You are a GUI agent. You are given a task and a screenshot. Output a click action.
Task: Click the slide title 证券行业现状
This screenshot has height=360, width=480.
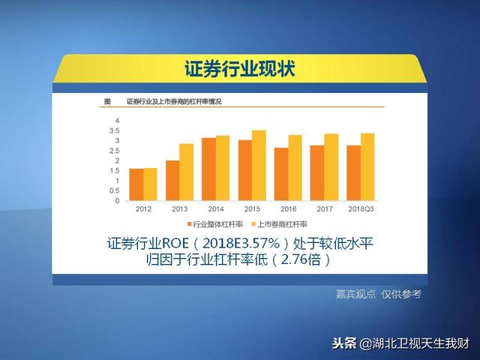click(x=240, y=68)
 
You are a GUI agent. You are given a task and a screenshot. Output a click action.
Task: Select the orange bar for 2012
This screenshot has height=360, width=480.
click(x=136, y=184)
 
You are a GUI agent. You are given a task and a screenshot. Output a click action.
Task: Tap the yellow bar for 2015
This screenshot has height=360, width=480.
click(x=259, y=166)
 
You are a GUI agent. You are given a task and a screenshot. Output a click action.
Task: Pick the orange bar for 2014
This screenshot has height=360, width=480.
click(x=208, y=169)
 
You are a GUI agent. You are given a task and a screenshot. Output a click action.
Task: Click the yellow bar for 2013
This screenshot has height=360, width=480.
click(x=187, y=172)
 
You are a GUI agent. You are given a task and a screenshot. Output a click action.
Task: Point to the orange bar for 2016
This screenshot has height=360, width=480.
click(x=281, y=174)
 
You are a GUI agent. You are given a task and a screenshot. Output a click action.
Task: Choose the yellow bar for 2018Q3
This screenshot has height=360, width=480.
click(x=367, y=166)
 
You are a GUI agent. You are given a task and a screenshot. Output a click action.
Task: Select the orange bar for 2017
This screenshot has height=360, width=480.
click(x=317, y=173)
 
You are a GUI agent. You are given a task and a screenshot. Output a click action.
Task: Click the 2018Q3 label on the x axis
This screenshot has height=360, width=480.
click(x=361, y=209)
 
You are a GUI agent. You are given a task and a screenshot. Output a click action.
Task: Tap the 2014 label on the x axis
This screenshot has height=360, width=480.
click(x=216, y=209)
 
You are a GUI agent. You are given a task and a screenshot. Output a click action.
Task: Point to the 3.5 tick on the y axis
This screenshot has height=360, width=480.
click(x=114, y=130)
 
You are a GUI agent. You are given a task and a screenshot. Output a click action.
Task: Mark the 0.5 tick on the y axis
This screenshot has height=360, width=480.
click(x=114, y=190)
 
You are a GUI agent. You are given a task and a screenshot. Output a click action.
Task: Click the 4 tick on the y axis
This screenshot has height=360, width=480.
click(x=117, y=121)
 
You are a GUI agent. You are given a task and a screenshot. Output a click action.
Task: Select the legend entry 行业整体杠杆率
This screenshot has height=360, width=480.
click(x=215, y=224)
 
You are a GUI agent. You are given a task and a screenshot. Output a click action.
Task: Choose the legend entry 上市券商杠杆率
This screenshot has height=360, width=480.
click(x=279, y=224)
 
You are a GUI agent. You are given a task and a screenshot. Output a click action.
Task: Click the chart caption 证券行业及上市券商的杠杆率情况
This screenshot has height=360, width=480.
click(x=174, y=101)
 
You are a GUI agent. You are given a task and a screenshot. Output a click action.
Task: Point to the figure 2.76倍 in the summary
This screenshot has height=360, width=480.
click(x=301, y=259)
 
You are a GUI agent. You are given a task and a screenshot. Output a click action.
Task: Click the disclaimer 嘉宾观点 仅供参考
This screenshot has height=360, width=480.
click(x=379, y=294)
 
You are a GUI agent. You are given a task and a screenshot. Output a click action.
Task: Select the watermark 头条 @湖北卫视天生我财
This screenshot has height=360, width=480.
click(x=400, y=343)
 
